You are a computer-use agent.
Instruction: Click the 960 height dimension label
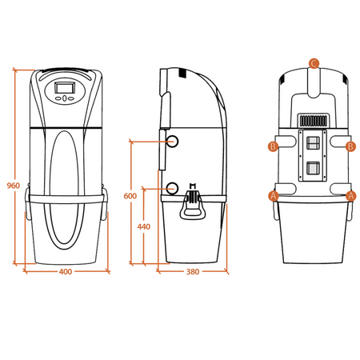click(x=14, y=186)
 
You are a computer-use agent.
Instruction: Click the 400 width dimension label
click(x=66, y=272)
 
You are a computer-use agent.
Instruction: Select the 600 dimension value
click(x=130, y=196)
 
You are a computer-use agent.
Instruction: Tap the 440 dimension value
click(x=144, y=226)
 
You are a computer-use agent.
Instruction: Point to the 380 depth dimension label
click(x=193, y=272)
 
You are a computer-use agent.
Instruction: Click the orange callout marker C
click(x=314, y=63)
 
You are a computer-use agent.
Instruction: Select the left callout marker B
click(x=273, y=146)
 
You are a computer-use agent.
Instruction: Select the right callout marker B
click(x=350, y=146)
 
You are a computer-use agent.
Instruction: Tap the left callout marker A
click(x=274, y=196)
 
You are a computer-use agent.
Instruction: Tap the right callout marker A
click(x=351, y=196)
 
